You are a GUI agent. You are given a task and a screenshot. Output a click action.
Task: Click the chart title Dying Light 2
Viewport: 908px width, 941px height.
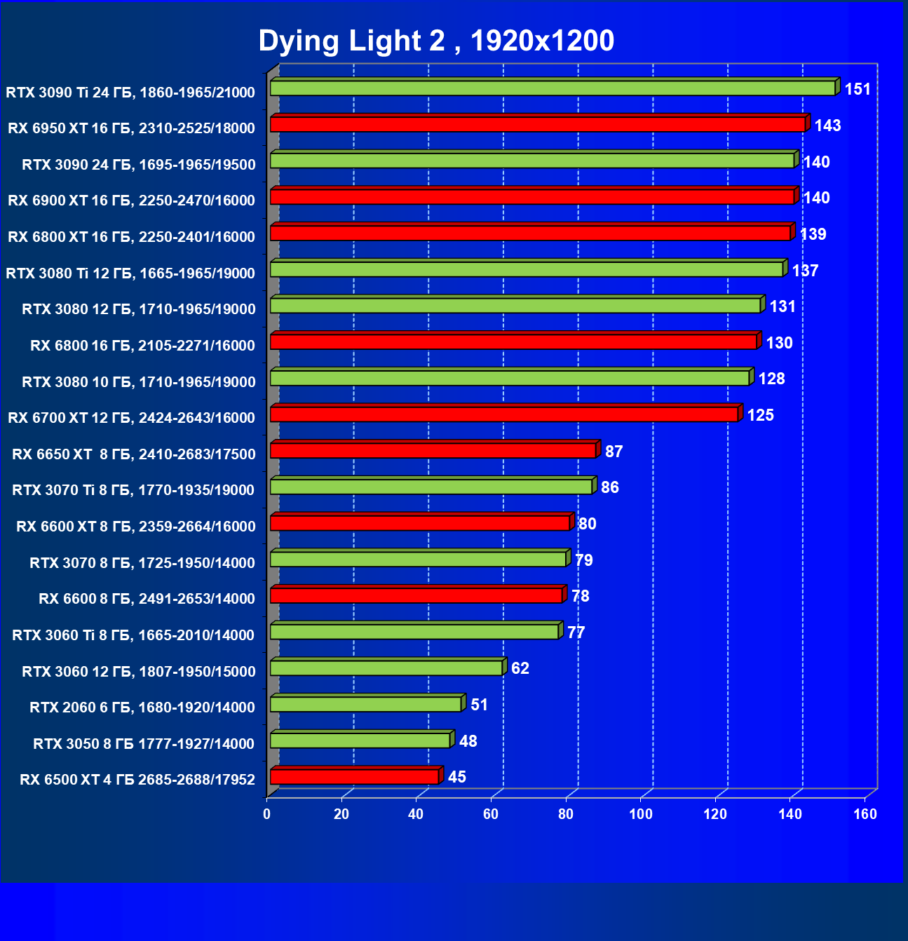436,41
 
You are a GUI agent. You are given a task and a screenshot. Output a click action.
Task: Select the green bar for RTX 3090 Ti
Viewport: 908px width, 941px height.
553,88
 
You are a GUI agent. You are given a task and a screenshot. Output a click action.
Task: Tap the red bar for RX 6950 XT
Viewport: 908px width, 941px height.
538,124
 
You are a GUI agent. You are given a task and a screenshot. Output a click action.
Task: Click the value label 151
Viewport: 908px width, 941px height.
858,89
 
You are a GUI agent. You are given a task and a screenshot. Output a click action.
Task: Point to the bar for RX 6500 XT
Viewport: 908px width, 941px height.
354,776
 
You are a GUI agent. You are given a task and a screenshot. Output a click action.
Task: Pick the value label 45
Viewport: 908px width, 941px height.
457,777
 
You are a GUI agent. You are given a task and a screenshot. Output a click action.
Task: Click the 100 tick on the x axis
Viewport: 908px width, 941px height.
641,814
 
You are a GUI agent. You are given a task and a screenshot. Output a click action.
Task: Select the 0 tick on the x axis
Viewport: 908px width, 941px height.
267,814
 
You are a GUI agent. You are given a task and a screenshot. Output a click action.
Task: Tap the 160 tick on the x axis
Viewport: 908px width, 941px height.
865,814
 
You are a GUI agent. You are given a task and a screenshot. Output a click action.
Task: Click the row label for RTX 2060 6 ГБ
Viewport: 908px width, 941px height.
142,708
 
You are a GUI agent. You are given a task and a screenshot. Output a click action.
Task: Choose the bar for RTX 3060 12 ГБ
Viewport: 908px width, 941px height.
386,668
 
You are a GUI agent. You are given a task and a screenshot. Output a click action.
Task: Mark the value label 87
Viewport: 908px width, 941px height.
614,452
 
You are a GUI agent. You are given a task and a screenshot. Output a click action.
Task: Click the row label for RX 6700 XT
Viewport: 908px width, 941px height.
131,418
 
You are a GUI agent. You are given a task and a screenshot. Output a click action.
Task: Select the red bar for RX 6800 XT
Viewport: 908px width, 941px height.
530,233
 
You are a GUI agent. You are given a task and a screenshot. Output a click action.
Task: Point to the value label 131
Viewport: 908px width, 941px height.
782,306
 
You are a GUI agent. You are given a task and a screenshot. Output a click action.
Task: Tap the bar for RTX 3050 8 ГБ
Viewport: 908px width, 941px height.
360,740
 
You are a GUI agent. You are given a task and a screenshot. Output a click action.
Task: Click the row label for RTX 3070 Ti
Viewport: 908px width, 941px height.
133,490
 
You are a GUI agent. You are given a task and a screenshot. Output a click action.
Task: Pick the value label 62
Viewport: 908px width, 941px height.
520,668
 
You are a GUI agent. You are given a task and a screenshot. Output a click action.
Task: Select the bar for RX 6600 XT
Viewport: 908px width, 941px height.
420,523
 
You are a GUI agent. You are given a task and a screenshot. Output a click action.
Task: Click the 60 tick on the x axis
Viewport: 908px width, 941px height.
491,814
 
